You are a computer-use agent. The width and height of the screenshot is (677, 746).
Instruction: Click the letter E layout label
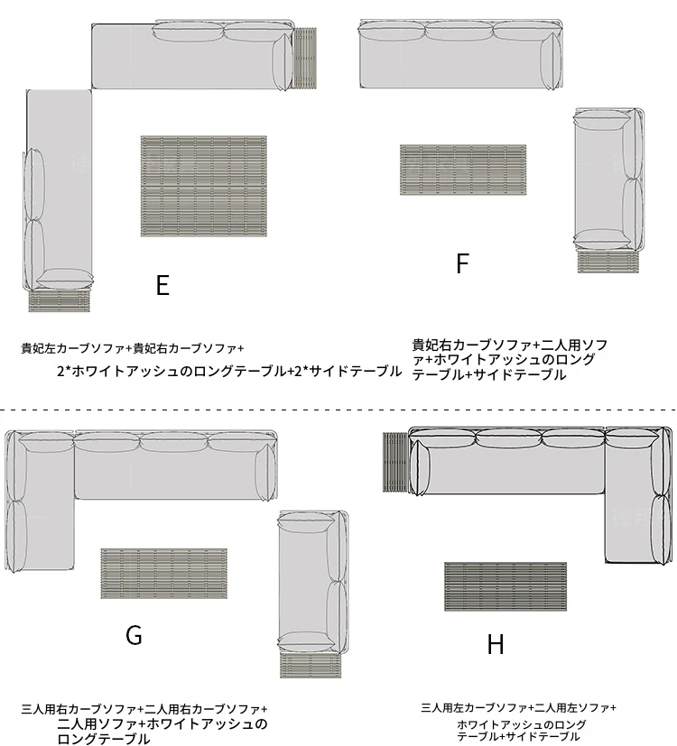tap(162, 285)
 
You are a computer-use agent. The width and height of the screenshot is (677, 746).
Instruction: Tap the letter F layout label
tap(463, 263)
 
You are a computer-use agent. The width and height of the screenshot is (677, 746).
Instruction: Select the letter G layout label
tap(134, 635)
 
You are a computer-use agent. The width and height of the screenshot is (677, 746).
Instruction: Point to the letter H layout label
tap(496, 644)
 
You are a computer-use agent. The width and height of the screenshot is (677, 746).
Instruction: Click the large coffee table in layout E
tap(204, 186)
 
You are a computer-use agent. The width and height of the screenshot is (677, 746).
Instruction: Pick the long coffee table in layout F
tap(463, 170)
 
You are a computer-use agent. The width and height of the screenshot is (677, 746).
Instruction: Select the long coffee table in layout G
tap(163, 574)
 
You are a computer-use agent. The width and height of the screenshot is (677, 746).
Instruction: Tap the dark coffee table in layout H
tap(505, 586)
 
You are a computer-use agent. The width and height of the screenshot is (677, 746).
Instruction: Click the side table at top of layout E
tap(305, 58)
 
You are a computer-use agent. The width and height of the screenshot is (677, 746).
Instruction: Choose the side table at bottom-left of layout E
tap(60, 299)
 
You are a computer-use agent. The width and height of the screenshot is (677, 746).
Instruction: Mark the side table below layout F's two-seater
tap(608, 261)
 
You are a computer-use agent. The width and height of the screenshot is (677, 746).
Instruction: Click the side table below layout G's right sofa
tap(311, 665)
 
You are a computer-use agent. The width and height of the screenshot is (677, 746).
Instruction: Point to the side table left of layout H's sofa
tap(396, 462)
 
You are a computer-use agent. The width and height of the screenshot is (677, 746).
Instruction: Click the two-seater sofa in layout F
tap(608, 180)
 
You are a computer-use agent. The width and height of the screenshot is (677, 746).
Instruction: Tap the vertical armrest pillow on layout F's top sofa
tap(552, 61)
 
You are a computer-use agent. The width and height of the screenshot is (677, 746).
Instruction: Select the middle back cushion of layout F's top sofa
tap(459, 31)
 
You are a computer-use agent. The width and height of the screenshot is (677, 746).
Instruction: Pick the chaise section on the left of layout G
tap(40, 502)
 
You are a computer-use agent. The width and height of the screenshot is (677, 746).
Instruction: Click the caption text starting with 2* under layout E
tap(229, 371)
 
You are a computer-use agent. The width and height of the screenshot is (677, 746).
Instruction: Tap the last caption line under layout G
tap(104, 739)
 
